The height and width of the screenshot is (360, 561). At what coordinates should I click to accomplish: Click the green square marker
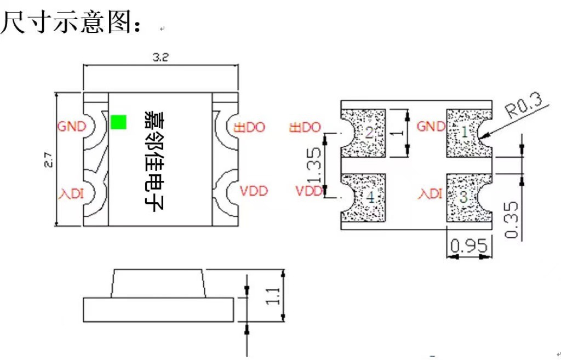[x=118, y=122]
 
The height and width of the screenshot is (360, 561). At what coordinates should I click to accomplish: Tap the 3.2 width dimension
[x=160, y=58]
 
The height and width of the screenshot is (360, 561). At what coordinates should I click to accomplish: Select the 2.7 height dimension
[x=48, y=159]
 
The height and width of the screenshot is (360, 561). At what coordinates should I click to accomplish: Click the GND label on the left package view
[x=72, y=127]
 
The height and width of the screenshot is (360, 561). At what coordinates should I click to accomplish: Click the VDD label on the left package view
[x=254, y=191]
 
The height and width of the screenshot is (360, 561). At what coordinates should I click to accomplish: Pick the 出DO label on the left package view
[x=250, y=127]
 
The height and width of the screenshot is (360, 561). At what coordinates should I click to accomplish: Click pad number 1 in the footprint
[x=464, y=132]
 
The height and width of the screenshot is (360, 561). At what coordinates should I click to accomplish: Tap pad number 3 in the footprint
[x=463, y=198]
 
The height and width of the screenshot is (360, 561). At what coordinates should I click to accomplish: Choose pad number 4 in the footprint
[x=371, y=198]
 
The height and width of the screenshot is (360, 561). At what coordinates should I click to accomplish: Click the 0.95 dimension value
[x=468, y=247]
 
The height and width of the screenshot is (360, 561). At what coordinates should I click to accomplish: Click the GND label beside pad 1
[x=431, y=127]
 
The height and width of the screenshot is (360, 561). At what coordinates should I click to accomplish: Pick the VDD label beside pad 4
[x=309, y=191]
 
